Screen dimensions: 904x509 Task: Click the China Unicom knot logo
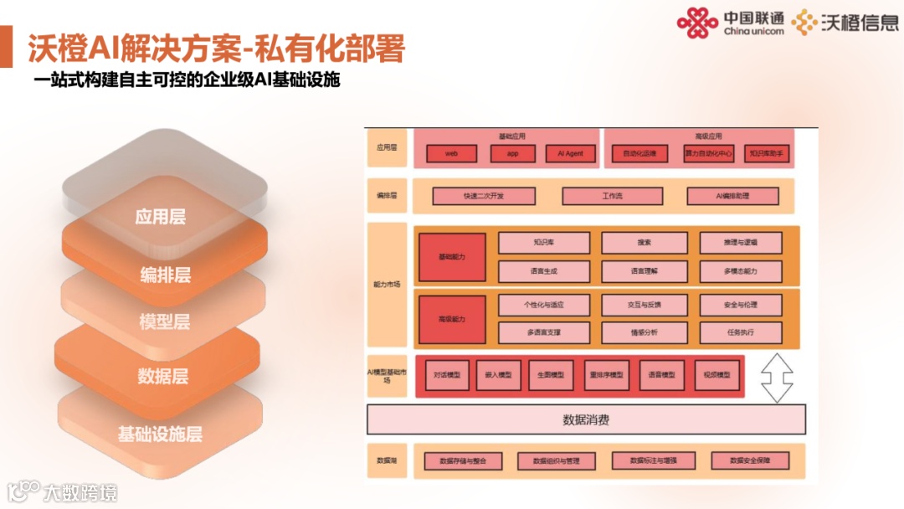(x=697, y=23)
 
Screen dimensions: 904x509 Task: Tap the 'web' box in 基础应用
(x=451, y=154)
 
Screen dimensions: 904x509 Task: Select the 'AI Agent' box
(x=570, y=154)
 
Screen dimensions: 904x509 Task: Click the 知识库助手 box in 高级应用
(x=767, y=154)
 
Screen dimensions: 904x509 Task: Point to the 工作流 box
(x=612, y=196)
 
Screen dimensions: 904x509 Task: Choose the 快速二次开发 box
(x=483, y=196)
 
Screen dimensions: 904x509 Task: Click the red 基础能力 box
(x=452, y=256)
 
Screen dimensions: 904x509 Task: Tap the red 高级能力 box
(x=452, y=319)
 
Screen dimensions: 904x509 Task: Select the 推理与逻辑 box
(x=741, y=243)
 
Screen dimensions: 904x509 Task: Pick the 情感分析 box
(x=644, y=332)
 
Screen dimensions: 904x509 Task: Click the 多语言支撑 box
(x=544, y=332)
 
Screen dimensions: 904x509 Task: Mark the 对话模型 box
(x=446, y=375)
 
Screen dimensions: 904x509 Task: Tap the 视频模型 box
(x=717, y=375)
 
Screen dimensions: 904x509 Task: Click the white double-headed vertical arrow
(x=777, y=377)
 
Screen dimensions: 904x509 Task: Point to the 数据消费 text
(x=586, y=419)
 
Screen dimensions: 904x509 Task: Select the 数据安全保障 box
(x=750, y=460)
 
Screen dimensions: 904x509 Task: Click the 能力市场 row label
(x=387, y=285)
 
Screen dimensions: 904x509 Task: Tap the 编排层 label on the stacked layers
(x=165, y=275)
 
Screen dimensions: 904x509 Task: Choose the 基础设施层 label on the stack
(x=160, y=434)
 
